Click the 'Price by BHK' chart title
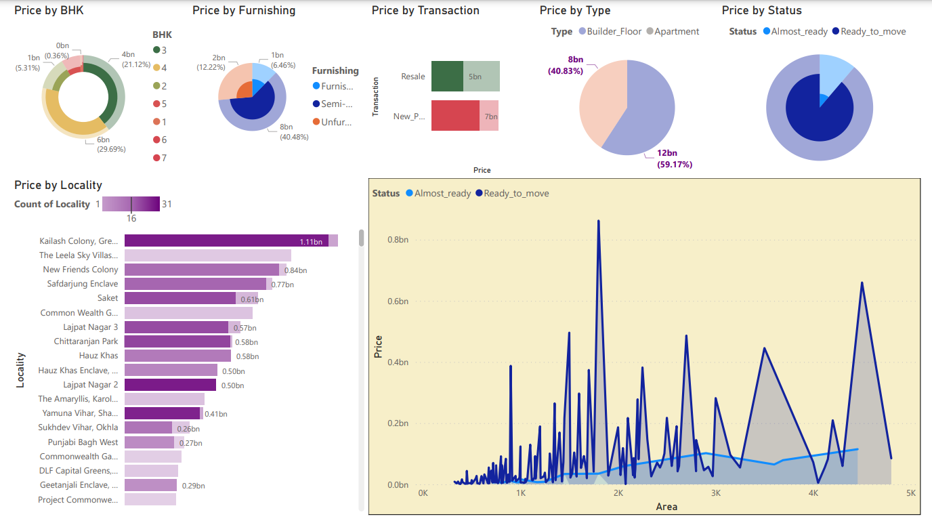tap(49, 11)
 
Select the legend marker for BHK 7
tap(156, 158)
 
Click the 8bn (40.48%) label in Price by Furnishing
tap(295, 131)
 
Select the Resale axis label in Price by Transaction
tap(412, 77)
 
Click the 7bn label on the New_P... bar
tap(490, 117)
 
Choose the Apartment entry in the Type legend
tap(673, 32)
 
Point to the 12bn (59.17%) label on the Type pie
tap(675, 159)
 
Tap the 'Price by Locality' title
tap(58, 185)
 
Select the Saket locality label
tap(107, 298)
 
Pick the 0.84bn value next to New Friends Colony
tap(295, 270)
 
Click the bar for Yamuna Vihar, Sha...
tap(163, 413)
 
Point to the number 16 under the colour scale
tap(131, 218)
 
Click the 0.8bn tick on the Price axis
tap(398, 240)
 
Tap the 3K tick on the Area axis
tap(715, 493)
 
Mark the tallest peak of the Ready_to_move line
tap(599, 221)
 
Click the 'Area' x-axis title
tap(666, 507)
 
